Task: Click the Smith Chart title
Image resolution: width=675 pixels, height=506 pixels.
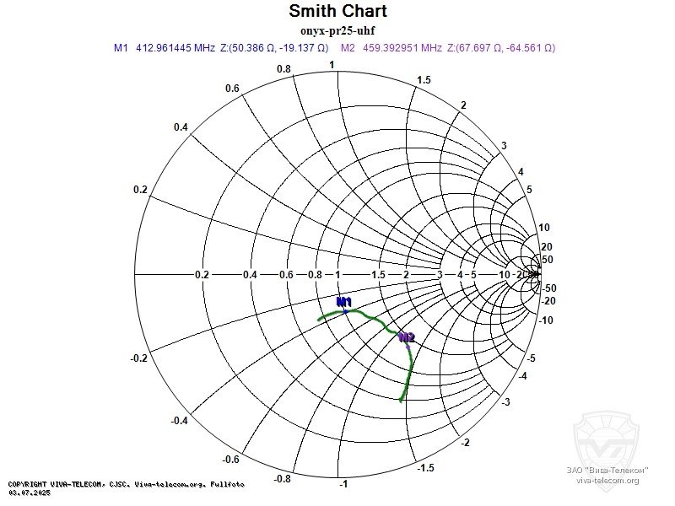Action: (x=337, y=12)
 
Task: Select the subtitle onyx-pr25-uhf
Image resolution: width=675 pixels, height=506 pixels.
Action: (x=337, y=31)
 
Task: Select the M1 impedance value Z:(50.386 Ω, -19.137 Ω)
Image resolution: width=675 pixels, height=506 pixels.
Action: (x=273, y=48)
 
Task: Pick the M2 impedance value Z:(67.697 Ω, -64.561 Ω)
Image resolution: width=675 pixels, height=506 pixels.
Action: (x=505, y=48)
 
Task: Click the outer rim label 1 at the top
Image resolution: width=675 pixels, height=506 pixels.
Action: (x=332, y=65)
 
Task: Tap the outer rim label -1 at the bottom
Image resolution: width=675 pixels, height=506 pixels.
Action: (x=343, y=485)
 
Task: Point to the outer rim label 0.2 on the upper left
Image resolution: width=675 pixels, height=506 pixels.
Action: (x=140, y=190)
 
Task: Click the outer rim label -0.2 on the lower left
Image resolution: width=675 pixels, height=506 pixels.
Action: (x=140, y=358)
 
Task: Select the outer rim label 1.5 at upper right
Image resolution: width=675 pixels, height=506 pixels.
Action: (x=424, y=80)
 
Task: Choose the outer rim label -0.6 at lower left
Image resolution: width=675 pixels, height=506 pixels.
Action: (x=231, y=459)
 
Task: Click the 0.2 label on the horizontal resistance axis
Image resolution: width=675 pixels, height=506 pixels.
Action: (x=202, y=275)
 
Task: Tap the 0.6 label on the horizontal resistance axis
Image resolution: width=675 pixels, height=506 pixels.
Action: (x=287, y=275)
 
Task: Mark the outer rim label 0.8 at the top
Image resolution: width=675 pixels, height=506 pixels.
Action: (x=283, y=69)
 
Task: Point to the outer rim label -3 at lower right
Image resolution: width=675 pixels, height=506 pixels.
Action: (x=505, y=402)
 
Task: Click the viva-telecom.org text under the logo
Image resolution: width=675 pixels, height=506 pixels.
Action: (x=607, y=480)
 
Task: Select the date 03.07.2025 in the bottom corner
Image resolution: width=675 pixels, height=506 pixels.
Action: (x=30, y=492)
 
